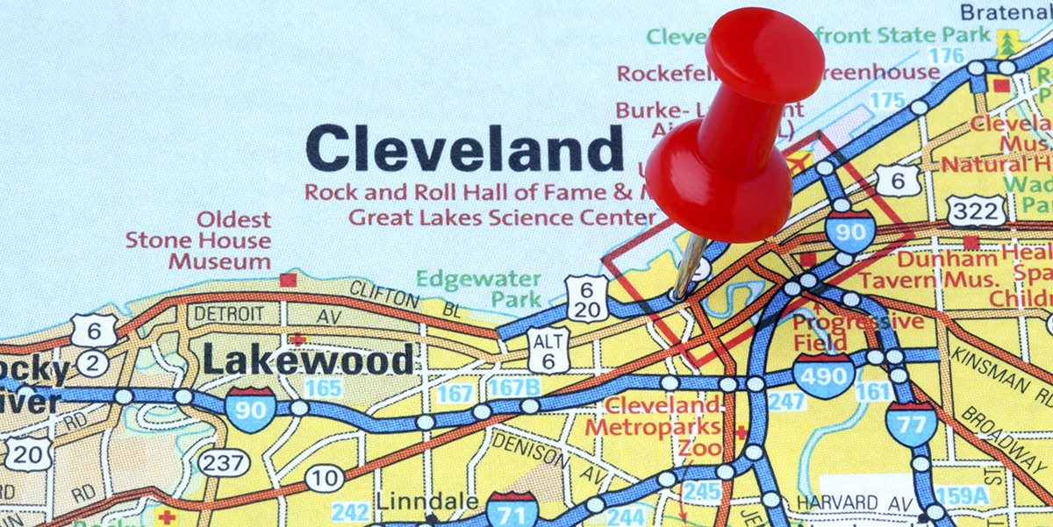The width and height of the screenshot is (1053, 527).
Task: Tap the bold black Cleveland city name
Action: (465, 147)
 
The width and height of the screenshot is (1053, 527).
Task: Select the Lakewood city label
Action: (307, 360)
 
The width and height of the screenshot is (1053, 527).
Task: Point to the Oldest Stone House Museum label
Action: (198, 240)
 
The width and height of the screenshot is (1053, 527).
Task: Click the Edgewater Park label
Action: (478, 288)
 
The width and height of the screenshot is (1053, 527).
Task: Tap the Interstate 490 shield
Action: (824, 375)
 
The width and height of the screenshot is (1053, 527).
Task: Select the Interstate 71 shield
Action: (512, 511)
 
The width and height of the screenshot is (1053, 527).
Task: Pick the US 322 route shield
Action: (976, 210)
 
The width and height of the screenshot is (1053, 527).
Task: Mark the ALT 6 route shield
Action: (548, 350)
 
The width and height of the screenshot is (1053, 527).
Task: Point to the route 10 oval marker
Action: (325, 478)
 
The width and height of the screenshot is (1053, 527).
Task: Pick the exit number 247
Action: (786, 402)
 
